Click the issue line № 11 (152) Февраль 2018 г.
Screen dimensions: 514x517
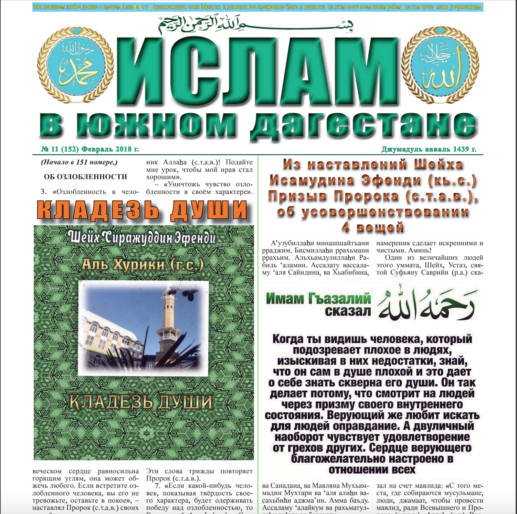click(90, 149)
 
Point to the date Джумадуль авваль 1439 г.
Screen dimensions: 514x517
click(429, 149)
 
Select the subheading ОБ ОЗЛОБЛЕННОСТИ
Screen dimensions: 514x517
click(85, 177)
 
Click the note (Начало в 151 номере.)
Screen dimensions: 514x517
click(79, 162)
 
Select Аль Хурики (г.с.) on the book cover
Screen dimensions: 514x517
click(143, 265)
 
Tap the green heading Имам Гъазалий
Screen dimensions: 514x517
click(318, 298)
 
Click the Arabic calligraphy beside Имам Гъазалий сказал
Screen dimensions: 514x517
click(427, 303)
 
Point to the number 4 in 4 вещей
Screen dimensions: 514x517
click(346, 227)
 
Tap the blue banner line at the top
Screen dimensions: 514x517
click(258, 7)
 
